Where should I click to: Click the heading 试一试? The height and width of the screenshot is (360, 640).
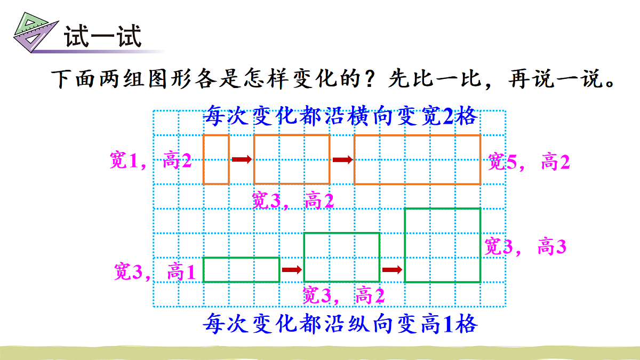coord(102,37)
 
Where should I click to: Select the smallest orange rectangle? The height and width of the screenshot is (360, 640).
coord(216,159)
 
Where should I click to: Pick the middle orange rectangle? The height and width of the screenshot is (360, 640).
coord(291,159)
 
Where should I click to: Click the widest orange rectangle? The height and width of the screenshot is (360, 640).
coord(417,159)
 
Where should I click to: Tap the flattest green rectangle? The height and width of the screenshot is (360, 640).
coord(241,270)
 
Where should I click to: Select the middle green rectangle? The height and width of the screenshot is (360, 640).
coord(341,257)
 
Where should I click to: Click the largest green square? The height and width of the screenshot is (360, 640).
coord(442,245)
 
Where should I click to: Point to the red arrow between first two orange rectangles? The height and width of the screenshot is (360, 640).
coord(241,159)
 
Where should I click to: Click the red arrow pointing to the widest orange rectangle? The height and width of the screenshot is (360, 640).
coord(342,159)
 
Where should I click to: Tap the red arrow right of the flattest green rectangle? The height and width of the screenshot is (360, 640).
coord(291,270)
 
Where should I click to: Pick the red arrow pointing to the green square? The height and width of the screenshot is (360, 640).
coord(392,270)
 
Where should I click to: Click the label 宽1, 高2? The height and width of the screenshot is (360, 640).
coord(150,161)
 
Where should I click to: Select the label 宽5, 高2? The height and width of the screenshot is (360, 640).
coord(529,162)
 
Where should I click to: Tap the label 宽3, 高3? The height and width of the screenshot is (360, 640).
coord(525,246)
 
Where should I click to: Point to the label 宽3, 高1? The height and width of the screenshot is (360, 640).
coord(155,272)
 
